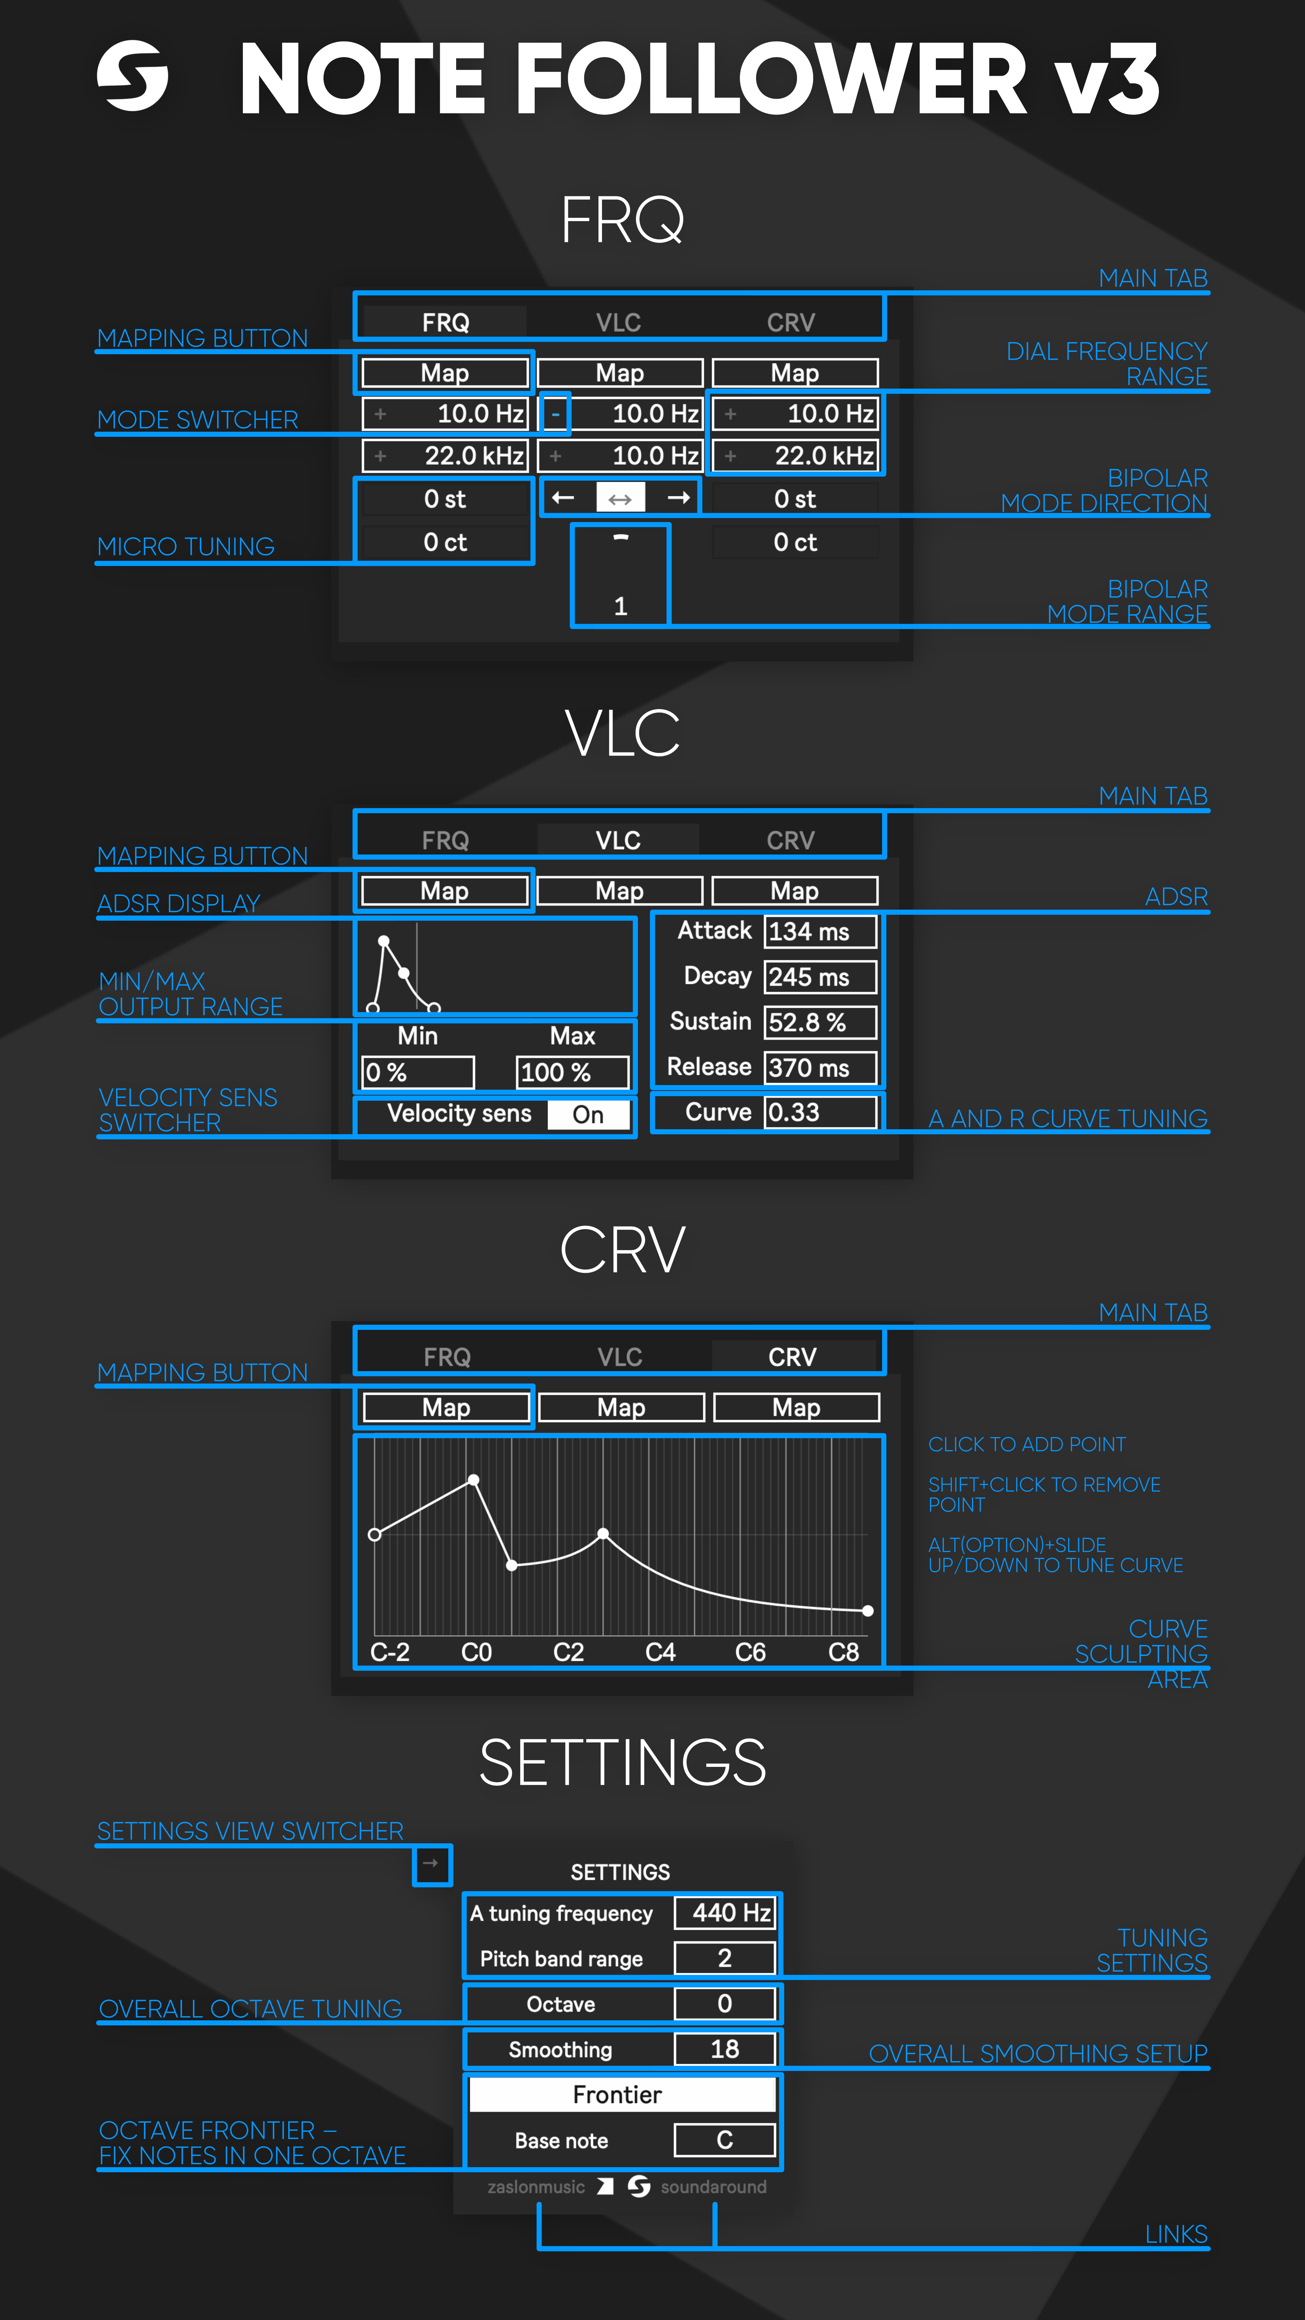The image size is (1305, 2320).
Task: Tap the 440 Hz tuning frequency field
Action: [x=725, y=1913]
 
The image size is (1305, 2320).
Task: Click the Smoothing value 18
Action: [x=725, y=2049]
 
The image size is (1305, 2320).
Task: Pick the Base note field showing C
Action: [x=725, y=2140]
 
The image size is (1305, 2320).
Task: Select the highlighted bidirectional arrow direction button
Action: [x=620, y=498]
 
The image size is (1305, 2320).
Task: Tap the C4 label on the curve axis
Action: [x=660, y=1652]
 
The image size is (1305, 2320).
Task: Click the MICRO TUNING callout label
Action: [x=185, y=547]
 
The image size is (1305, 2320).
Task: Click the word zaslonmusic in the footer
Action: [x=536, y=2187]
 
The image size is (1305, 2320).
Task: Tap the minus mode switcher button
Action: [x=556, y=414]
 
